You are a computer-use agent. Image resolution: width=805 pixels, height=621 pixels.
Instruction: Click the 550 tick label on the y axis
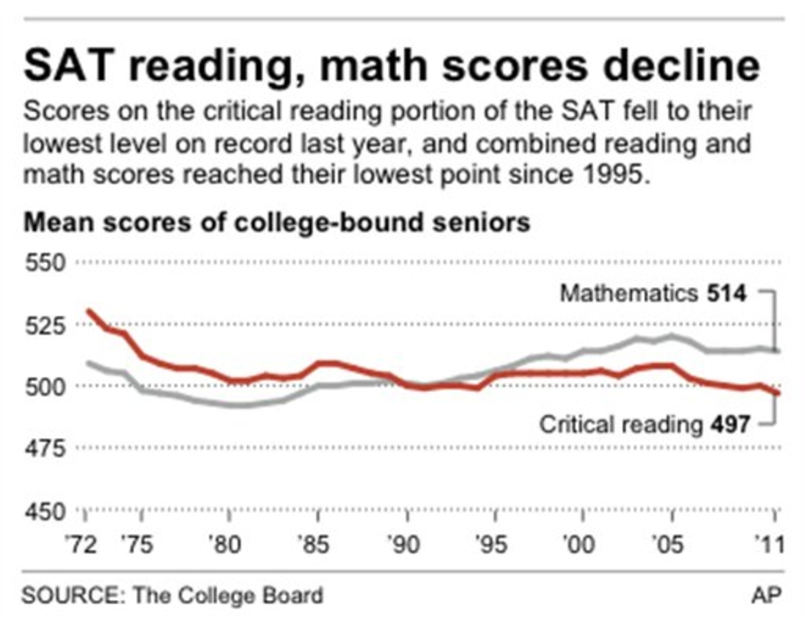coord(45,263)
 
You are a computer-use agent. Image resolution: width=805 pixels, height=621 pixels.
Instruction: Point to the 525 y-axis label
coord(45,325)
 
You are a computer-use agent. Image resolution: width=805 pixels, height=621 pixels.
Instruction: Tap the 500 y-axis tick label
coord(45,386)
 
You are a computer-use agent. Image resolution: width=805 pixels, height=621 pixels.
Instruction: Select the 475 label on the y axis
coord(45,448)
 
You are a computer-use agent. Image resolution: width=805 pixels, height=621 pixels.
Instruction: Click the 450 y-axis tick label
coord(45,512)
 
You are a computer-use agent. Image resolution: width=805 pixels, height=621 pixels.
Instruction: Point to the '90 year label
coord(402,545)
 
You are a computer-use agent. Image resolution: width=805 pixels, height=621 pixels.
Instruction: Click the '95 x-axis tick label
coord(491,545)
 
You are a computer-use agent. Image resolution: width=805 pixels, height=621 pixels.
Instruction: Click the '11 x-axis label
coord(770,545)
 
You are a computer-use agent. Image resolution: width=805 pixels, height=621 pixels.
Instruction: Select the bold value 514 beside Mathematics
coord(726,294)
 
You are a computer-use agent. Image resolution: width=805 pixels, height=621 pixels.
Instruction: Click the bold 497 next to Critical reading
coord(730,425)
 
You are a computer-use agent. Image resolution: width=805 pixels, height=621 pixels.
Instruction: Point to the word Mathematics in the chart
coord(628,294)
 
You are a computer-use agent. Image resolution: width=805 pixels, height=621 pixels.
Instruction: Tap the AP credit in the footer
coord(766,595)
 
